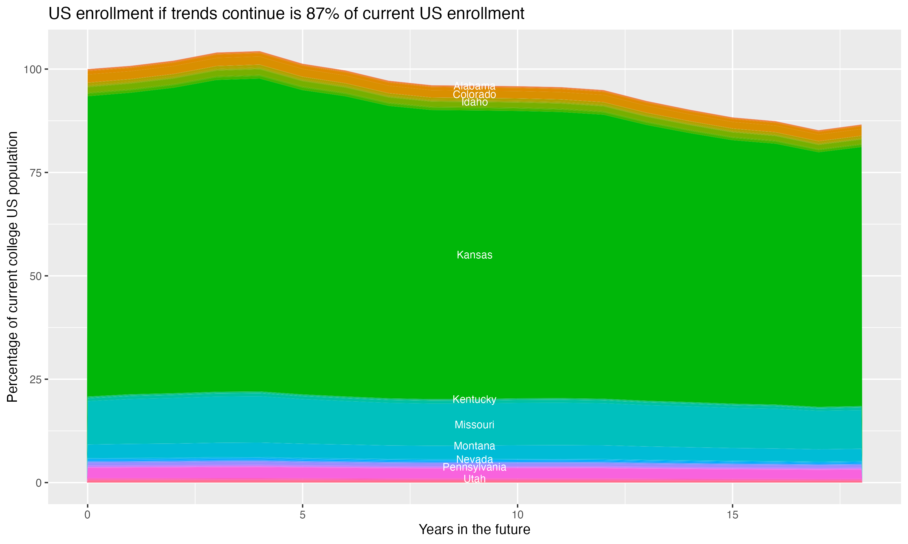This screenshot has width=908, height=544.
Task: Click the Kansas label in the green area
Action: [x=474, y=255]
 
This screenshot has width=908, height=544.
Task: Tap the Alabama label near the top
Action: [x=474, y=86]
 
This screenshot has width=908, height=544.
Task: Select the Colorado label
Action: [x=474, y=95]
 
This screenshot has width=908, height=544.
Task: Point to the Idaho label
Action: [x=474, y=102]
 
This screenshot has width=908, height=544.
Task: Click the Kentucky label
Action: [x=474, y=399]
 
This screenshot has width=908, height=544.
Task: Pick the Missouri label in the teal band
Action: [x=474, y=425]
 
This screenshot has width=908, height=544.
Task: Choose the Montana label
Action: [x=474, y=446]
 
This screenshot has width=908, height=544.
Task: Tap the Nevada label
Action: [x=474, y=459]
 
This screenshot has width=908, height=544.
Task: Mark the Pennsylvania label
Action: [x=474, y=467]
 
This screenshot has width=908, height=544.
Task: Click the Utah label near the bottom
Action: [x=474, y=479]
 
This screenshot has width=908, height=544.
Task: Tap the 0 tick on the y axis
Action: [x=38, y=483]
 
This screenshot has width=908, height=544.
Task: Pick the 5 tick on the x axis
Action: [x=302, y=515]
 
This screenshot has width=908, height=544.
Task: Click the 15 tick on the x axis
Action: [x=732, y=515]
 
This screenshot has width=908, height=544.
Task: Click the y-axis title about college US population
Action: [x=12, y=267]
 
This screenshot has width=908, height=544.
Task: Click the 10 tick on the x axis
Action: [x=517, y=515]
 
